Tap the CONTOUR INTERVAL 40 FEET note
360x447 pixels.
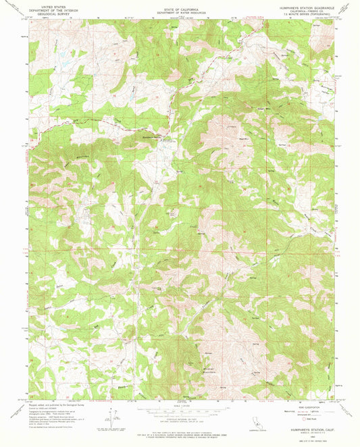(x=180, y=419)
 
